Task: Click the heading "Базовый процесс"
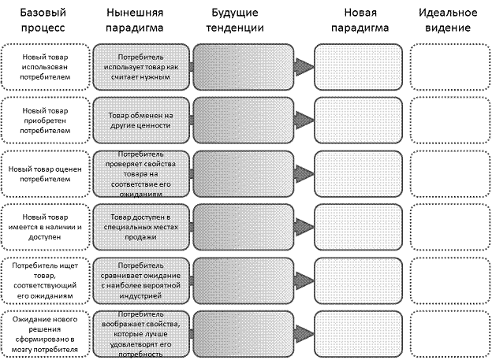pyautogui.click(x=43, y=20)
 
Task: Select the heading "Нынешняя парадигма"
pyautogui.click(x=135, y=20)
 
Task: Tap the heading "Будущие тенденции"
pyautogui.click(x=235, y=20)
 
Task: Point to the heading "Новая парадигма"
pyautogui.click(x=360, y=20)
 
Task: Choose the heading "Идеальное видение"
pyautogui.click(x=448, y=20)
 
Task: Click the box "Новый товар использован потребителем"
pyautogui.click(x=45, y=67)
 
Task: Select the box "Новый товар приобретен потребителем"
pyautogui.click(x=45, y=121)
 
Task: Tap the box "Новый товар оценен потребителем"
pyautogui.click(x=45, y=174)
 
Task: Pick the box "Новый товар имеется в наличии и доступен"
pyautogui.click(x=45, y=227)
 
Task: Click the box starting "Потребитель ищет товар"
pyautogui.click(x=45, y=280)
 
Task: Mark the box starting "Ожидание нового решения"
pyautogui.click(x=45, y=334)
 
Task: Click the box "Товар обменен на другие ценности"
pyautogui.click(x=141, y=121)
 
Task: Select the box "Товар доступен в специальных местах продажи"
pyautogui.click(x=141, y=227)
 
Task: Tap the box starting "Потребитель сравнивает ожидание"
pyautogui.click(x=141, y=280)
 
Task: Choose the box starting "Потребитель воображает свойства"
pyautogui.click(x=141, y=334)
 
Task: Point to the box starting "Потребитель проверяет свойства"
pyautogui.click(x=141, y=174)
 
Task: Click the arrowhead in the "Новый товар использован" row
pyautogui.click(x=304, y=67)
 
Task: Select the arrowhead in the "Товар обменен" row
pyautogui.click(x=304, y=120)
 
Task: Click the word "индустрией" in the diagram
pyautogui.click(x=140, y=295)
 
